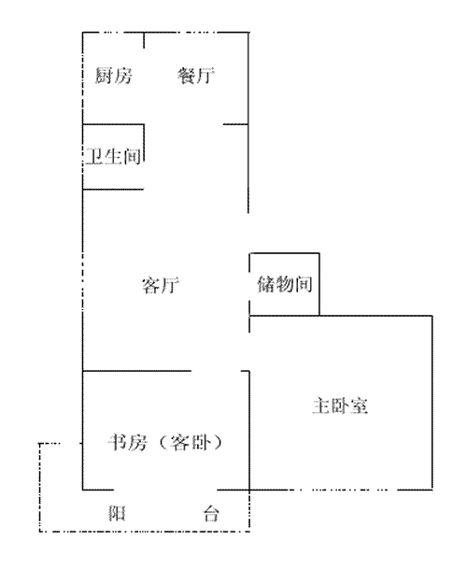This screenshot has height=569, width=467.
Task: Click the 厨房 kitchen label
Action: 114,76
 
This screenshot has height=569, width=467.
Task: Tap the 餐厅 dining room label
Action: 196,76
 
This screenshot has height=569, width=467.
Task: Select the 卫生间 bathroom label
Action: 114,156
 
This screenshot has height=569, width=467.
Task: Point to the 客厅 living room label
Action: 161,285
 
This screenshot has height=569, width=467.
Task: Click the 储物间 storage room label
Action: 285,284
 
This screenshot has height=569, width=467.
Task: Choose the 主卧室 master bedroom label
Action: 340,405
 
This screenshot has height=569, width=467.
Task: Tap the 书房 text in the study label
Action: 127,442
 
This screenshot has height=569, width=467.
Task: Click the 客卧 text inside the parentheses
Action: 191,442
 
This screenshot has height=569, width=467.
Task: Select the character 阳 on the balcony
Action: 117,513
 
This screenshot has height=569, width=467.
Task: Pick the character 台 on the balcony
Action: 211,513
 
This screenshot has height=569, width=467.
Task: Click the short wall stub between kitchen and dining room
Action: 144,40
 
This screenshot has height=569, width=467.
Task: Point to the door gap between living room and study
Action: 217,371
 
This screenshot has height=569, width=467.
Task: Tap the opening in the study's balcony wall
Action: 165,490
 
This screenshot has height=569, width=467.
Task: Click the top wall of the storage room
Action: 285,253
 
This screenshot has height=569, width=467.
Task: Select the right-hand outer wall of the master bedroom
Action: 432,403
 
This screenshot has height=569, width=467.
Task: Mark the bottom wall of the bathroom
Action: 113,189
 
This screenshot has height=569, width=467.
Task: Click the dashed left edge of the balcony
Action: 39,488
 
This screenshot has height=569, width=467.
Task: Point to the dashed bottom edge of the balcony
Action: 145,532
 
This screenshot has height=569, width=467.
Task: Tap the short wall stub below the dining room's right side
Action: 236,124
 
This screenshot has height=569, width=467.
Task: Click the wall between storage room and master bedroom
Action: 285,316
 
